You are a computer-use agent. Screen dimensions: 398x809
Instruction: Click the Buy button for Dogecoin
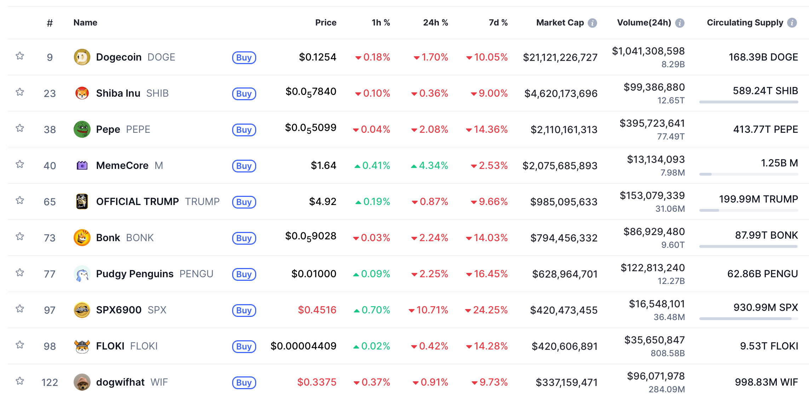pyautogui.click(x=244, y=57)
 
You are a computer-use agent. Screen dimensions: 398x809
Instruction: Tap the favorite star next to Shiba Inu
pyautogui.click(x=20, y=92)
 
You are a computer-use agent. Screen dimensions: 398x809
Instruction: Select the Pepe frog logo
pyautogui.click(x=82, y=129)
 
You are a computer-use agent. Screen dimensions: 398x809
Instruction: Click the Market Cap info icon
pyautogui.click(x=592, y=23)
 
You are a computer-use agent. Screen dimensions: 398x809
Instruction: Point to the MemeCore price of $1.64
pyautogui.click(x=323, y=165)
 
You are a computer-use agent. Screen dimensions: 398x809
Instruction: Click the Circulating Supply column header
pyautogui.click(x=745, y=23)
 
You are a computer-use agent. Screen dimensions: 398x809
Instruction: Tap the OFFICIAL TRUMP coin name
pyautogui.click(x=137, y=201)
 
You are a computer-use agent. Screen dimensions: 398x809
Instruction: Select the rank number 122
pyautogui.click(x=50, y=382)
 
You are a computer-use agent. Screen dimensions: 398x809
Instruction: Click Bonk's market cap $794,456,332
pyautogui.click(x=564, y=238)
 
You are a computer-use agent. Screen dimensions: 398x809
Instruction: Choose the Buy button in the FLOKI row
pyautogui.click(x=244, y=346)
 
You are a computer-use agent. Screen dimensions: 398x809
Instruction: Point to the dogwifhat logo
pyautogui.click(x=82, y=382)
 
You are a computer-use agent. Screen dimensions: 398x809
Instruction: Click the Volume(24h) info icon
pyautogui.click(x=680, y=23)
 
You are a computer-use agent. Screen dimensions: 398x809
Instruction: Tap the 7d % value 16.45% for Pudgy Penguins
pyautogui.click(x=490, y=274)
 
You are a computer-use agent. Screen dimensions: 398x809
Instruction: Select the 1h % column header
pyautogui.click(x=381, y=23)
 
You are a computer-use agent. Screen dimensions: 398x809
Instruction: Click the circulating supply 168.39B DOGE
pyautogui.click(x=763, y=57)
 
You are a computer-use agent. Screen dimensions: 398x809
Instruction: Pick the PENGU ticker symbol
pyautogui.click(x=196, y=274)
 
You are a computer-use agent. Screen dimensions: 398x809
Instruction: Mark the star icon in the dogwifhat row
pyautogui.click(x=20, y=381)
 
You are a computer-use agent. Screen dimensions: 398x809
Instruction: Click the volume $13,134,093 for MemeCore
pyautogui.click(x=656, y=159)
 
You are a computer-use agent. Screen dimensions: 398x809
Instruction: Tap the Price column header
pyautogui.click(x=326, y=23)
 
